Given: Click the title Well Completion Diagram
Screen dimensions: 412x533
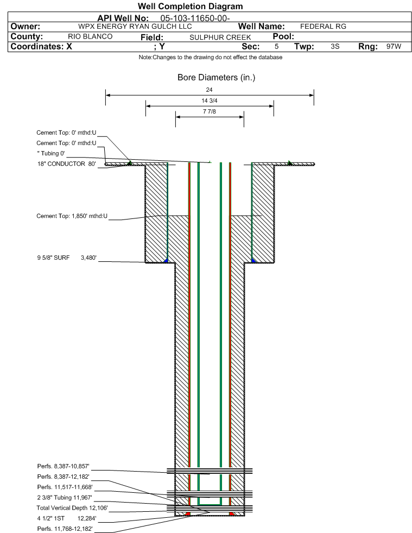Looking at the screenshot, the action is [190, 7].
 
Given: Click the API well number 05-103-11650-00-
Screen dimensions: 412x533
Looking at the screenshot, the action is [195, 18].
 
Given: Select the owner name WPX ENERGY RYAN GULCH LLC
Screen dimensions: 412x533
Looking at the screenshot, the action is [135, 27].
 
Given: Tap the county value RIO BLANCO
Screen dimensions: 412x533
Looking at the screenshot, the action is [90, 36].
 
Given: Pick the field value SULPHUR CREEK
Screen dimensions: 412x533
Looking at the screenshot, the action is [220, 37].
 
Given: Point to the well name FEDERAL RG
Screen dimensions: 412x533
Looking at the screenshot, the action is [323, 27].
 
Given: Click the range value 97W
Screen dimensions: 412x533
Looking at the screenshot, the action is [394, 46].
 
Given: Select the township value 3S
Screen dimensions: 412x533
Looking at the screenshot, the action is [335, 46].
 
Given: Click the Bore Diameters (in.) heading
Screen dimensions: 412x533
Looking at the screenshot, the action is [217, 78].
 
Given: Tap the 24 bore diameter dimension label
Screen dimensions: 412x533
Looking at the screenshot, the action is [209, 90].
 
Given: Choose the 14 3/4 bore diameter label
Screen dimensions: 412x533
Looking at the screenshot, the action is [209, 101].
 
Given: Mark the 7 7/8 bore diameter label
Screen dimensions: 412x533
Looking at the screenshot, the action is [209, 111].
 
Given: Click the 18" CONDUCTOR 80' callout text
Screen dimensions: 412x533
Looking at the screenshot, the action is [67, 164].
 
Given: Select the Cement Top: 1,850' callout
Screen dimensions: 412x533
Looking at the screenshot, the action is [72, 216].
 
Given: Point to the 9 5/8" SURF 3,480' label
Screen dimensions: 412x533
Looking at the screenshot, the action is [67, 258].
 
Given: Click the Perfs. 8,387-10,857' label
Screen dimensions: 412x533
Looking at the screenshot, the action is [63, 466].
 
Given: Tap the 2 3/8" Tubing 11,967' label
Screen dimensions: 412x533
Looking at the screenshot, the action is [65, 498].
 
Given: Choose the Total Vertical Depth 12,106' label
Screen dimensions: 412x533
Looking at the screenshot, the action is [72, 508].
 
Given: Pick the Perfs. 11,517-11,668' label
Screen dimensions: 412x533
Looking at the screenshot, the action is [65, 487].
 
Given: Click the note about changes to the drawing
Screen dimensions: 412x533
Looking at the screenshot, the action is [210, 57].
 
